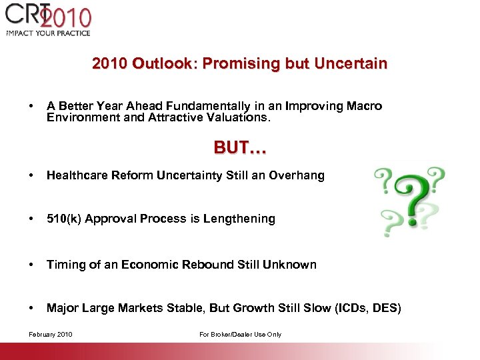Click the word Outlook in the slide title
tap(161, 64)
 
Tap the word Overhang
tap(297, 175)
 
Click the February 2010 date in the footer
tap(51, 334)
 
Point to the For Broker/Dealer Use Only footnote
tap(241, 334)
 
